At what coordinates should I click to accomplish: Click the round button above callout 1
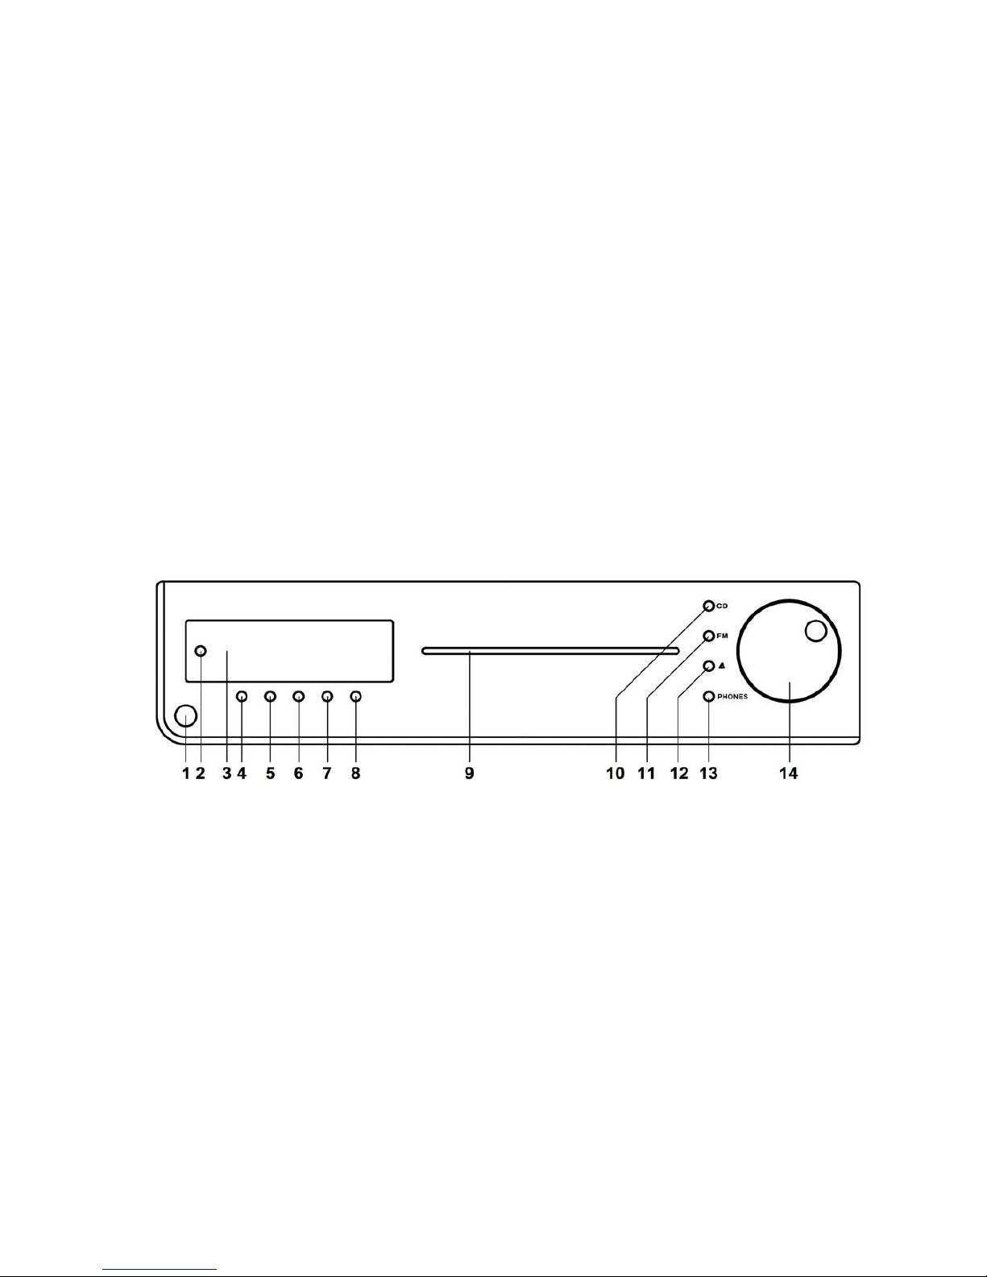point(185,716)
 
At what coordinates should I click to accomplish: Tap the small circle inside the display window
point(201,651)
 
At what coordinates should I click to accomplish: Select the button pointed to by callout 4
point(242,696)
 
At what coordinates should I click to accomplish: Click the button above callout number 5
point(270,696)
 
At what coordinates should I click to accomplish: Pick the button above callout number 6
point(298,696)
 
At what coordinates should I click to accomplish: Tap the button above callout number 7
point(327,696)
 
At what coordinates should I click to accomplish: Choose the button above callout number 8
point(355,696)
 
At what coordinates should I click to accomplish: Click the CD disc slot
point(549,650)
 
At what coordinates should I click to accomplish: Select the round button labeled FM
point(708,636)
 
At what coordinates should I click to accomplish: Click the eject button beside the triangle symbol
point(708,665)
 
